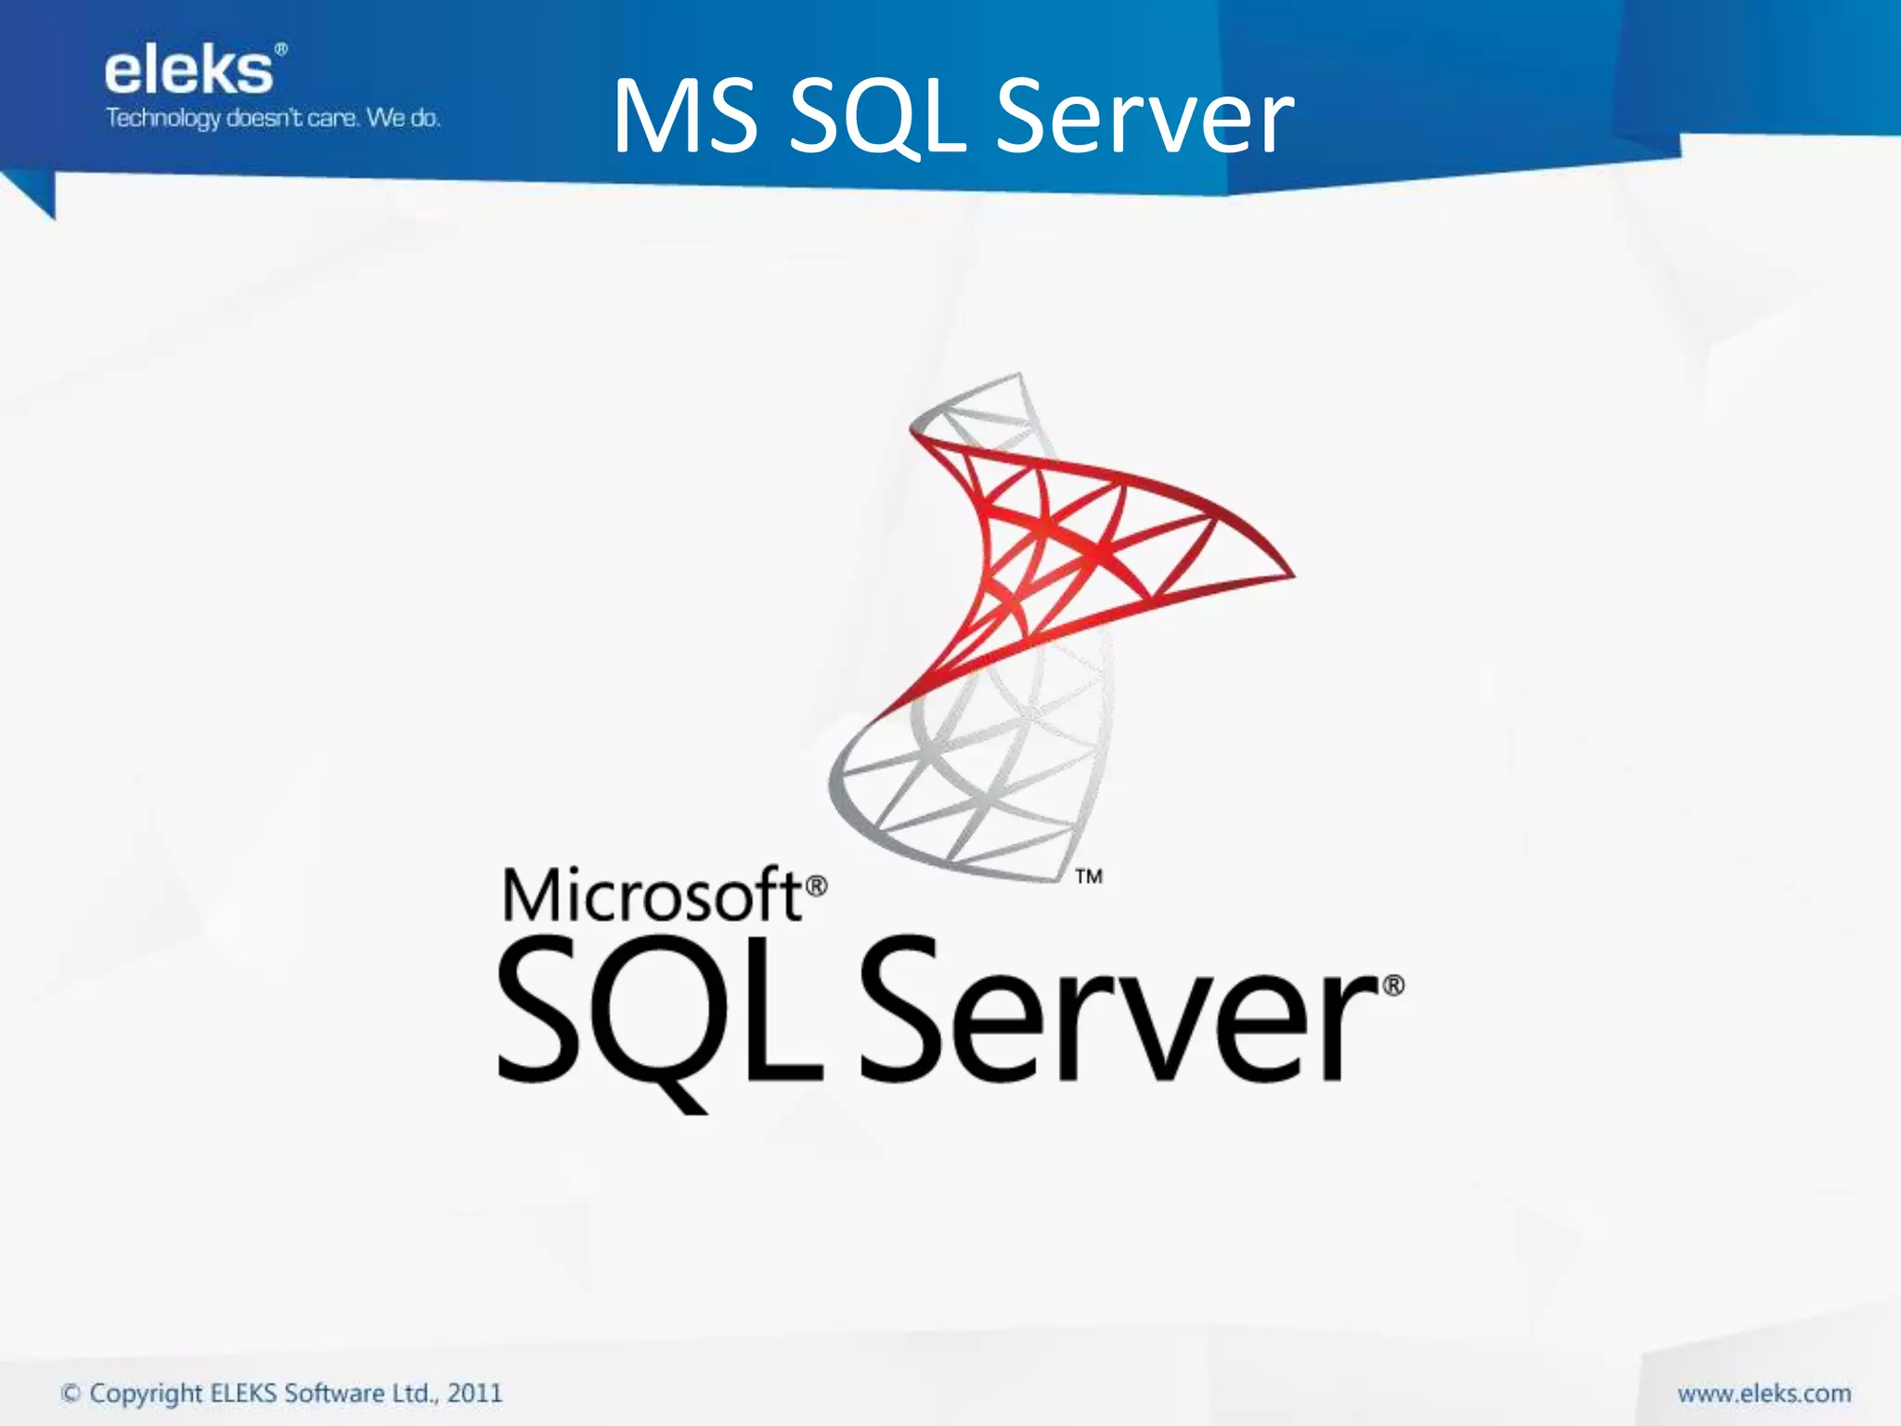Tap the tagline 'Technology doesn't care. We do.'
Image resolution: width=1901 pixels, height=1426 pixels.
(x=273, y=119)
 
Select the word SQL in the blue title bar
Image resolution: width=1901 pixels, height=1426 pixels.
(x=876, y=119)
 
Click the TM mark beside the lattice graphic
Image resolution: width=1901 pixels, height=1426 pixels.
(x=1089, y=875)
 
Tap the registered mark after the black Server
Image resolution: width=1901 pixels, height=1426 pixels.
(x=1393, y=985)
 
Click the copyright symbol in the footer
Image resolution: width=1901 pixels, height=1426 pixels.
(x=71, y=1393)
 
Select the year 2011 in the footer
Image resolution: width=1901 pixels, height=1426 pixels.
(x=474, y=1393)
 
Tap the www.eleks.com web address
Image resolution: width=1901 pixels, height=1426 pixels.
(x=1764, y=1393)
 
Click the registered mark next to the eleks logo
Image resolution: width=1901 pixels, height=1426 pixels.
(x=281, y=48)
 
